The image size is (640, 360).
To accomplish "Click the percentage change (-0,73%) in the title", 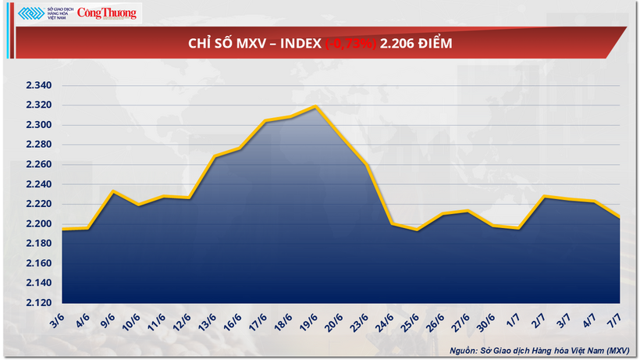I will pos(350,44).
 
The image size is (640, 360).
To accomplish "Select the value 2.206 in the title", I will pos(397,44).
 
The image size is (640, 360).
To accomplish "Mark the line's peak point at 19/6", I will pos(315,106).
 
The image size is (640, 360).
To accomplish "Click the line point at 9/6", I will pos(113,191).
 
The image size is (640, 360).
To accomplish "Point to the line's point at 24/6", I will pos(391,224).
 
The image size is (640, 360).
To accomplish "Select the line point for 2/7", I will pos(543,197).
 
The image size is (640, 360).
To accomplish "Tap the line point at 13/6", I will pos(214,156).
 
